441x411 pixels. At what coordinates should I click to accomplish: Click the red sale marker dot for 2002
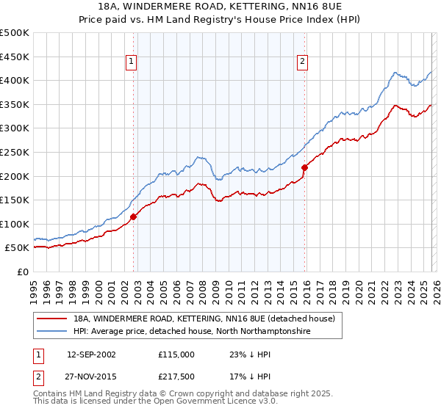(x=133, y=217)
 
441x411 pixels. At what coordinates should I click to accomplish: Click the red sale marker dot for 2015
(x=304, y=167)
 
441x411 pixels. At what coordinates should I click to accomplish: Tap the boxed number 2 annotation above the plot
(x=302, y=62)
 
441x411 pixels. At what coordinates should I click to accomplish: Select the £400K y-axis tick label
(x=15, y=80)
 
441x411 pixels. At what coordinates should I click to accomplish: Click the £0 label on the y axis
(x=22, y=272)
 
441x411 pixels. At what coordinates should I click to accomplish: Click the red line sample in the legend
(x=52, y=319)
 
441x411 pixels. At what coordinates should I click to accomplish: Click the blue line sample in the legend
(x=52, y=332)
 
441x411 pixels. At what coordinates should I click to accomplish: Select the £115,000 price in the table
(x=176, y=354)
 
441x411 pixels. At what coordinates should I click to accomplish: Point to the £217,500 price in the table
(x=176, y=378)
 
